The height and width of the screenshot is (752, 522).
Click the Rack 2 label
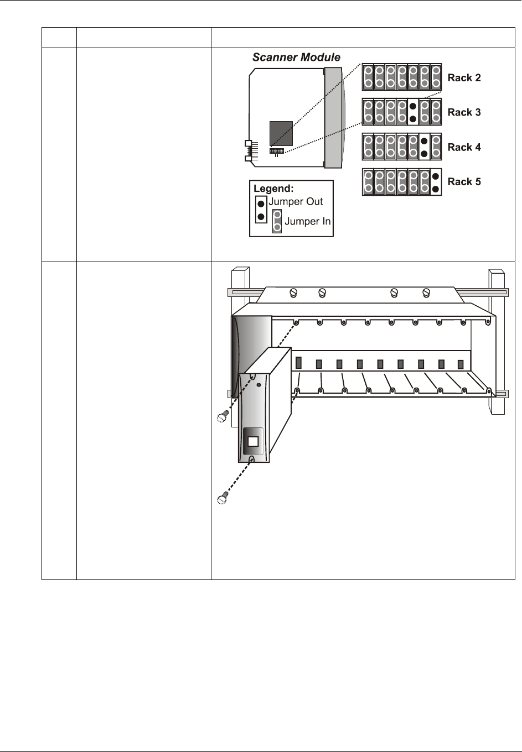pyautogui.click(x=464, y=78)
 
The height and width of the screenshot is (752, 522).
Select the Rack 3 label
pyautogui.click(x=464, y=112)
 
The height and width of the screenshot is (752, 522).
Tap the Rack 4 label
pyautogui.click(x=464, y=147)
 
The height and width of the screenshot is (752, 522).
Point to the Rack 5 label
pyautogui.click(x=464, y=181)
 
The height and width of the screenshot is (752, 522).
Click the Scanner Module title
pyautogui.click(x=296, y=58)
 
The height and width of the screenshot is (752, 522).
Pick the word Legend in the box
pyautogui.click(x=273, y=189)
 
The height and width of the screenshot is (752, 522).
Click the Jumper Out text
pyautogui.click(x=296, y=202)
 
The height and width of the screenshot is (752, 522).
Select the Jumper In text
pyautogui.click(x=307, y=222)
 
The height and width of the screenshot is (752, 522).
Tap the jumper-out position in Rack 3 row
pyautogui.click(x=412, y=112)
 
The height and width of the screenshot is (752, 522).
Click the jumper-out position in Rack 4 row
pyautogui.click(x=424, y=147)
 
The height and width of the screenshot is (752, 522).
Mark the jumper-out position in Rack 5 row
pyautogui.click(x=436, y=182)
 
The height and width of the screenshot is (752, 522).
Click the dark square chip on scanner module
pyautogui.click(x=281, y=133)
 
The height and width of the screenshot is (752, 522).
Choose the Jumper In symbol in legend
pyautogui.click(x=277, y=221)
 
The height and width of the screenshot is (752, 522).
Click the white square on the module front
pyautogui.click(x=253, y=442)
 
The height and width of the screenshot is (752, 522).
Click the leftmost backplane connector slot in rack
pyautogui.click(x=298, y=362)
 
